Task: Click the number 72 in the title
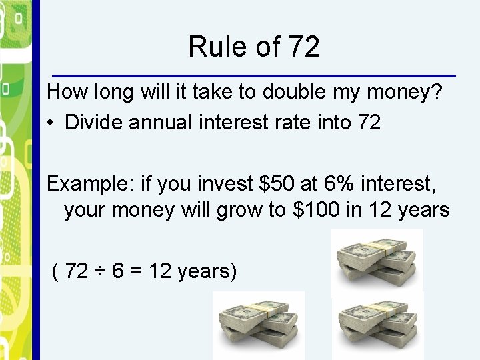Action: pyautogui.click(x=305, y=47)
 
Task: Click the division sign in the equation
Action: pyautogui.click(x=100, y=271)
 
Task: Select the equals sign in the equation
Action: pyautogui.click(x=136, y=271)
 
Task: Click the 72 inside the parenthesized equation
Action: pyautogui.click(x=77, y=271)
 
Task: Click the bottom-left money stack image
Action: pyautogui.click(x=259, y=325)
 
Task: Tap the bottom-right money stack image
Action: pyautogui.click(x=378, y=325)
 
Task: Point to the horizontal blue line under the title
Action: pyautogui.click(x=254, y=75)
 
